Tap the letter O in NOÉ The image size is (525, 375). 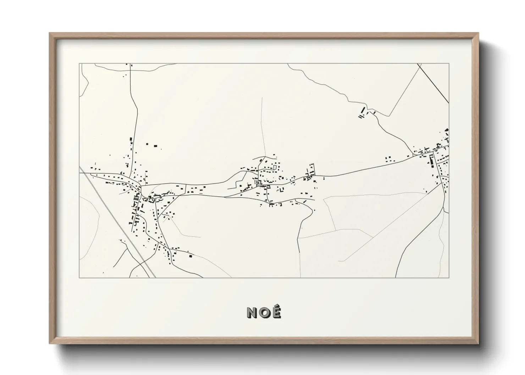tap(264, 312)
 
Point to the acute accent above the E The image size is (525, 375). tap(277, 307)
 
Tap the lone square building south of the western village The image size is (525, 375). tap(190, 255)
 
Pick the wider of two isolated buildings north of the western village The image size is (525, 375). tap(155, 145)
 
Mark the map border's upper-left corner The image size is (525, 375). tap(79, 64)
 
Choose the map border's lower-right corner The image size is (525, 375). tap(449, 278)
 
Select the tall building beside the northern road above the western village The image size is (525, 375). tap(131, 140)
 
